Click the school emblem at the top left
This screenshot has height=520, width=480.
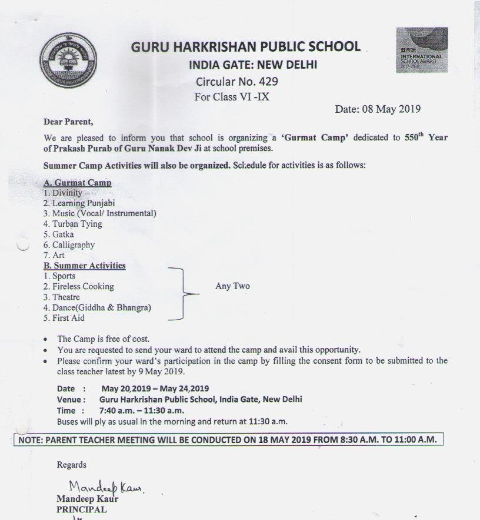[x=68, y=61]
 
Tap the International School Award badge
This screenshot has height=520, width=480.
[x=421, y=50]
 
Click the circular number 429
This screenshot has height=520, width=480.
[x=266, y=82]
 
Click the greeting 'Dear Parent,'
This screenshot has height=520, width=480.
[x=68, y=122]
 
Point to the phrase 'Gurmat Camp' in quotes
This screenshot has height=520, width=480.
[x=315, y=137]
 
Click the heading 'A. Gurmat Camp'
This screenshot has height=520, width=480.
[x=77, y=183]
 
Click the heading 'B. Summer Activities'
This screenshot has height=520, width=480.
[x=84, y=266]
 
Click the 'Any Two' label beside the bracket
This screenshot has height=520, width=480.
[x=232, y=286]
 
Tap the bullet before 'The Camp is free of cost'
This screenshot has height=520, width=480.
[x=46, y=340]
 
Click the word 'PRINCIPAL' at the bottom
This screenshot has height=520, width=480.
[x=81, y=509]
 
